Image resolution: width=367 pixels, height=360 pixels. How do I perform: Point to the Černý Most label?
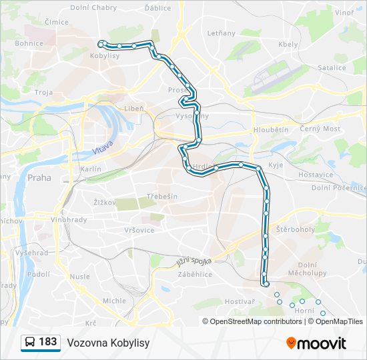point(320,129)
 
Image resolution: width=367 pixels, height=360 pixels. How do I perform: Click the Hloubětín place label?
point(271,130)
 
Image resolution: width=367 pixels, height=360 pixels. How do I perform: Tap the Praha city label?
point(39,178)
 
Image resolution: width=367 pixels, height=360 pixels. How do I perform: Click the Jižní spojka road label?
point(194,257)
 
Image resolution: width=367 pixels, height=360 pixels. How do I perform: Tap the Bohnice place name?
point(29,44)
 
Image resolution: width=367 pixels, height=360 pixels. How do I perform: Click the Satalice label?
point(332,67)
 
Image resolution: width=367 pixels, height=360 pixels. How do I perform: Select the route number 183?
point(47,342)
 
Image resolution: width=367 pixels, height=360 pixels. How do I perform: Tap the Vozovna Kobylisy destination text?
point(108,343)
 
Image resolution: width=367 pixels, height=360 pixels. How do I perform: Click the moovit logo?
point(316,343)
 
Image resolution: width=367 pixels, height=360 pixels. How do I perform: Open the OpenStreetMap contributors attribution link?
point(256,321)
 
